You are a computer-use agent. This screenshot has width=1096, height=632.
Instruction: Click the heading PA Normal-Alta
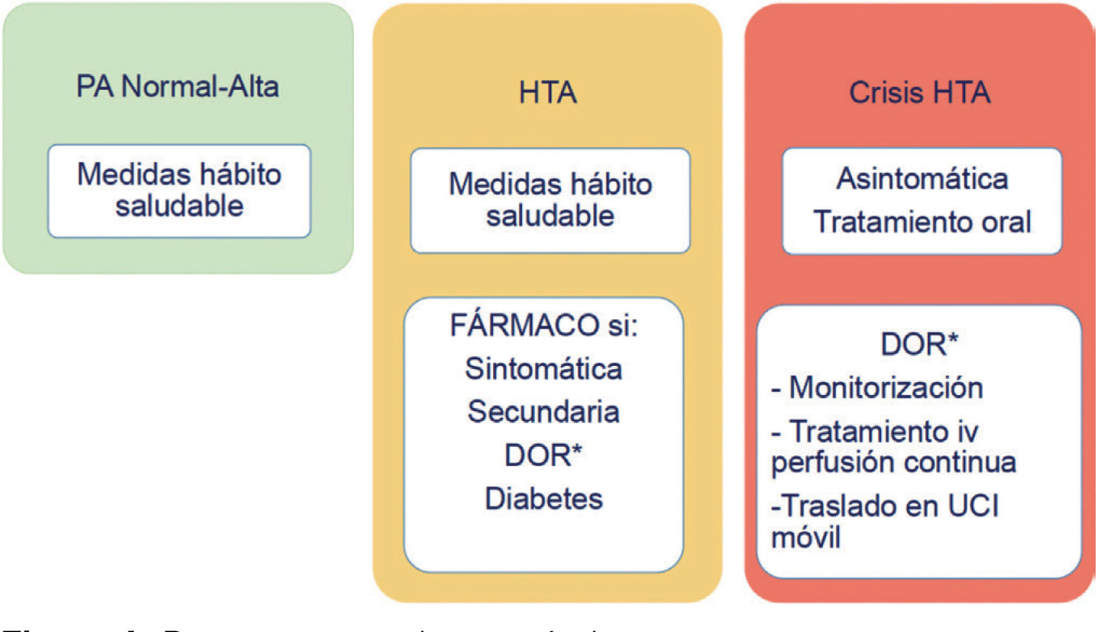point(177,87)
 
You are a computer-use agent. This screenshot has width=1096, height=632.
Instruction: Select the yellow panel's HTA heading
point(547,93)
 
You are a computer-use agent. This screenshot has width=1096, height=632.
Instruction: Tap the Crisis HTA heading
point(919,93)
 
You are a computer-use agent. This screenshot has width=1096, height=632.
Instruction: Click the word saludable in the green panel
point(179,206)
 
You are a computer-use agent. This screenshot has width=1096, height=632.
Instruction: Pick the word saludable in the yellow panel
point(550,216)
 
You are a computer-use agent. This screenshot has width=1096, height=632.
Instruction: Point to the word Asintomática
point(922,179)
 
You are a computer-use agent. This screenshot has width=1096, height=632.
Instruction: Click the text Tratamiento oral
point(922,222)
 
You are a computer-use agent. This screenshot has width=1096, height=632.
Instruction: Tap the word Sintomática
point(543,369)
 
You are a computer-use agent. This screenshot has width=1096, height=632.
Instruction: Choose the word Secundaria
point(543,412)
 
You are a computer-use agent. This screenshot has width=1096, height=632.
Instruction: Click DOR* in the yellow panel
point(543,455)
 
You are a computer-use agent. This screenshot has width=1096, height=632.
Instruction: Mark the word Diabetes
point(543,499)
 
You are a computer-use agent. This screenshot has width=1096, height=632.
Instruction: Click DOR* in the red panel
point(919,344)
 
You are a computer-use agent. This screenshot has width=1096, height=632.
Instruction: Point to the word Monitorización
point(886,388)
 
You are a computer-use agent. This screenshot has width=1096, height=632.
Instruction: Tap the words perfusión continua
point(893,462)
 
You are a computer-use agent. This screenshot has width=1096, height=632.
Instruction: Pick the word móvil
point(806,537)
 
